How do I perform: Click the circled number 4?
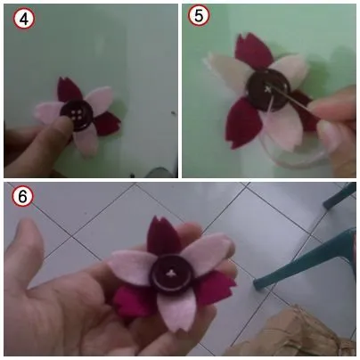point(19,18)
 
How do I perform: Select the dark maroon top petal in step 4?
point(68,90)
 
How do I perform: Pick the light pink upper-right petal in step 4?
point(99,99)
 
